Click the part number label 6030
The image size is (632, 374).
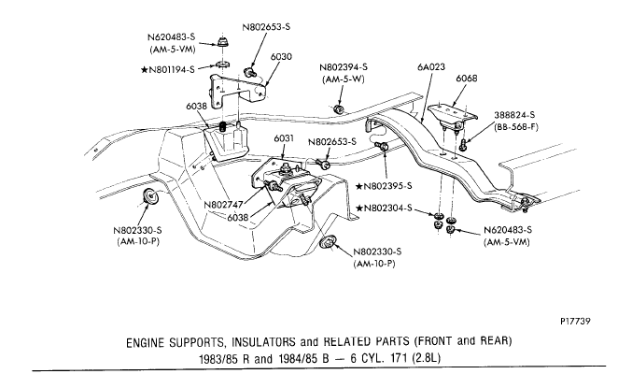coord(282,56)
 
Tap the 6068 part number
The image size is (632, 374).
coord(468,78)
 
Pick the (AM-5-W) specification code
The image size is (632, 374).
coord(344,80)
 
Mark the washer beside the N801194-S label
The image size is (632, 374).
coord(223,63)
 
